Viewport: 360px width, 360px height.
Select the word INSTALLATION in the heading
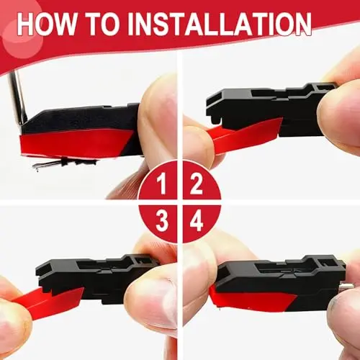(220, 24)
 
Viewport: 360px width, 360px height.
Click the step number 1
(162, 184)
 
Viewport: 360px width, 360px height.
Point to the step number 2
(197, 184)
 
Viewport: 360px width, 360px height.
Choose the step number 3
(161, 221)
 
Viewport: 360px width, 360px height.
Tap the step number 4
(197, 221)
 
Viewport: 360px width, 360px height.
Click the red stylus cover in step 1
(74, 144)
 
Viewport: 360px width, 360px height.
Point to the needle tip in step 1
(37, 170)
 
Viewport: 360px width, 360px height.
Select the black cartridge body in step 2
(269, 108)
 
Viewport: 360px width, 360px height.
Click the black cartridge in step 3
(96, 276)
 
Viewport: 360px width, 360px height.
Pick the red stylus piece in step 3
(48, 302)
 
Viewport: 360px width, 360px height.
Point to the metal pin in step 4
(348, 286)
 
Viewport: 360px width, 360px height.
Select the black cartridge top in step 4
(281, 274)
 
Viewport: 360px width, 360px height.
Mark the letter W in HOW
(66, 24)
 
